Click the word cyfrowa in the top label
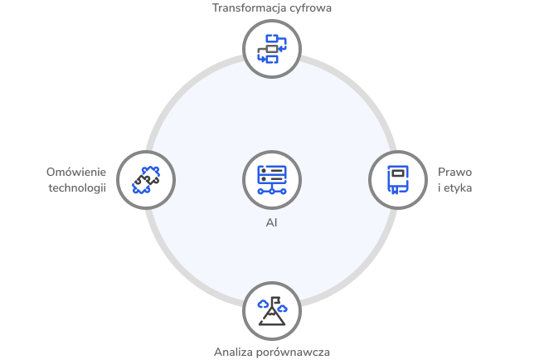pyautogui.click(x=301, y=9)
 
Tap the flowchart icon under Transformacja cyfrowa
pyautogui.click(x=272, y=47)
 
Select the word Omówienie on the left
pyautogui.click(x=76, y=172)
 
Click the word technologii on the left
pyautogui.click(x=77, y=187)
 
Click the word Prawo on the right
pyautogui.click(x=454, y=172)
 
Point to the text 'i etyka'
pyautogui.click(x=454, y=187)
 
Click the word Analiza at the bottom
pyautogui.click(x=232, y=351)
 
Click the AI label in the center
pyautogui.click(x=272, y=222)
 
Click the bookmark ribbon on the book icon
pyautogui.click(x=396, y=189)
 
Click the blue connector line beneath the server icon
pyautogui.click(x=272, y=190)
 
